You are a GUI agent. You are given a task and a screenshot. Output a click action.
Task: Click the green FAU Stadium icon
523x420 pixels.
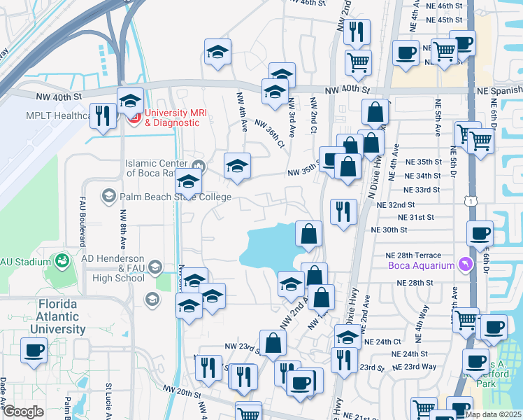tap(63, 262)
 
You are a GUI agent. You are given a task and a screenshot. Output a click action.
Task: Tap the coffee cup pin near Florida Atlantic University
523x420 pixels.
tap(34, 351)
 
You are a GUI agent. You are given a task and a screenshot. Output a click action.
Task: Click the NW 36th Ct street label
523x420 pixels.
tap(270, 134)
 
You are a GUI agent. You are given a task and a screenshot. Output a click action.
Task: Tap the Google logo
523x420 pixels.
tap(24, 412)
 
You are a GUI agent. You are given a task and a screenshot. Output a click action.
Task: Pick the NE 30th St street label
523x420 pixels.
tap(389, 230)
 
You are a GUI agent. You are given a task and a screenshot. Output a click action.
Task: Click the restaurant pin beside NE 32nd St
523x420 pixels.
tap(343, 212)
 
